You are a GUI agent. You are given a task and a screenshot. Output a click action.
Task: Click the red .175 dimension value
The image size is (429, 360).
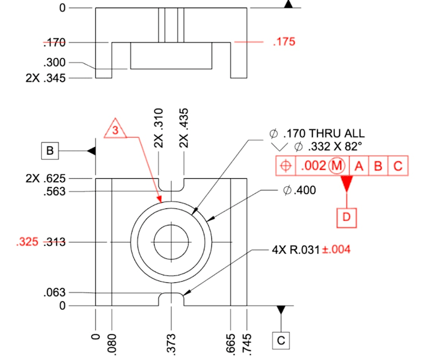point(284,42)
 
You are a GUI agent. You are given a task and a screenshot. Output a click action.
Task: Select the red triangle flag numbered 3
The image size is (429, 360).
point(115,128)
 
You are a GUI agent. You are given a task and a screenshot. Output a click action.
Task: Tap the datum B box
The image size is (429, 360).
point(50,151)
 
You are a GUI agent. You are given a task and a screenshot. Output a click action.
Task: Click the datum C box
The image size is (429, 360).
point(281,340)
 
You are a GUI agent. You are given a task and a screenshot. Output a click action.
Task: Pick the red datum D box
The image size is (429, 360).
point(346,217)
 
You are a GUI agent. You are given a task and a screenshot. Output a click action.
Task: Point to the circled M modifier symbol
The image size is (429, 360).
point(336,165)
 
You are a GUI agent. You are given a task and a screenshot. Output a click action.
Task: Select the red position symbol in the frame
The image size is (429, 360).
point(286,165)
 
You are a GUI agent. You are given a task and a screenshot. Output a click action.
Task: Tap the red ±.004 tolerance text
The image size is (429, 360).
point(336,249)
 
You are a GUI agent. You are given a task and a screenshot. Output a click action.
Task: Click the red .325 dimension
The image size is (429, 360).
point(27,242)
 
